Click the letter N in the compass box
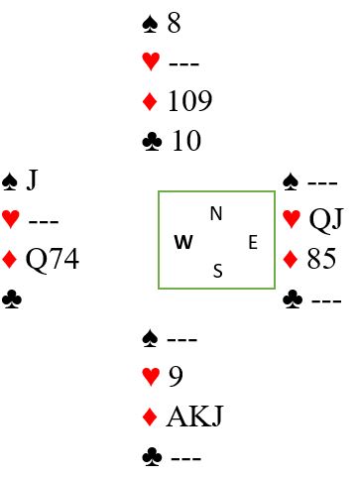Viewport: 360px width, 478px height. pyautogui.click(x=216, y=213)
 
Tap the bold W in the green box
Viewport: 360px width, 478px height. pyautogui.click(x=183, y=242)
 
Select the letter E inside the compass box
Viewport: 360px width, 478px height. pyautogui.click(x=253, y=242)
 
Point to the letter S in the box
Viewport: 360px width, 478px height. pyautogui.click(x=218, y=271)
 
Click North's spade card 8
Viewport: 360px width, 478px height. pyautogui.click(x=175, y=23)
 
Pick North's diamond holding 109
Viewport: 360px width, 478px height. pyautogui.click(x=190, y=101)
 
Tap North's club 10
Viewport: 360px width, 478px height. pyautogui.click(x=186, y=141)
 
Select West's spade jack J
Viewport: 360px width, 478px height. pyautogui.click(x=32, y=180)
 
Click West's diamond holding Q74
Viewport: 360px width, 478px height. pyautogui.click(x=53, y=260)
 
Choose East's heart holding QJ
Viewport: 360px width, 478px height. pyautogui.click(x=326, y=220)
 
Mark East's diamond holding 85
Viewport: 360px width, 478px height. pyautogui.click(x=321, y=259)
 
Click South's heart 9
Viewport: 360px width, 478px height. pyautogui.click(x=176, y=377)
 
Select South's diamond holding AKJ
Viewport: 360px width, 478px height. pyautogui.click(x=194, y=417)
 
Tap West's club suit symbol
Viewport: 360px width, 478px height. pyautogui.click(x=12, y=299)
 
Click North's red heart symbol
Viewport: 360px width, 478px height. pyautogui.click(x=151, y=60)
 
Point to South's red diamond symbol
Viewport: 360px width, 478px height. pyautogui.click(x=150, y=417)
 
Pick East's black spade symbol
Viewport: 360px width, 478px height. pyautogui.click(x=291, y=181)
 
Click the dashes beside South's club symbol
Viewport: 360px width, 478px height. pyautogui.click(x=185, y=458)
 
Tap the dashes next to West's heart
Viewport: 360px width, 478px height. pyautogui.click(x=44, y=221)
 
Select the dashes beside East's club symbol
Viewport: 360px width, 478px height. pyautogui.click(x=326, y=300)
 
